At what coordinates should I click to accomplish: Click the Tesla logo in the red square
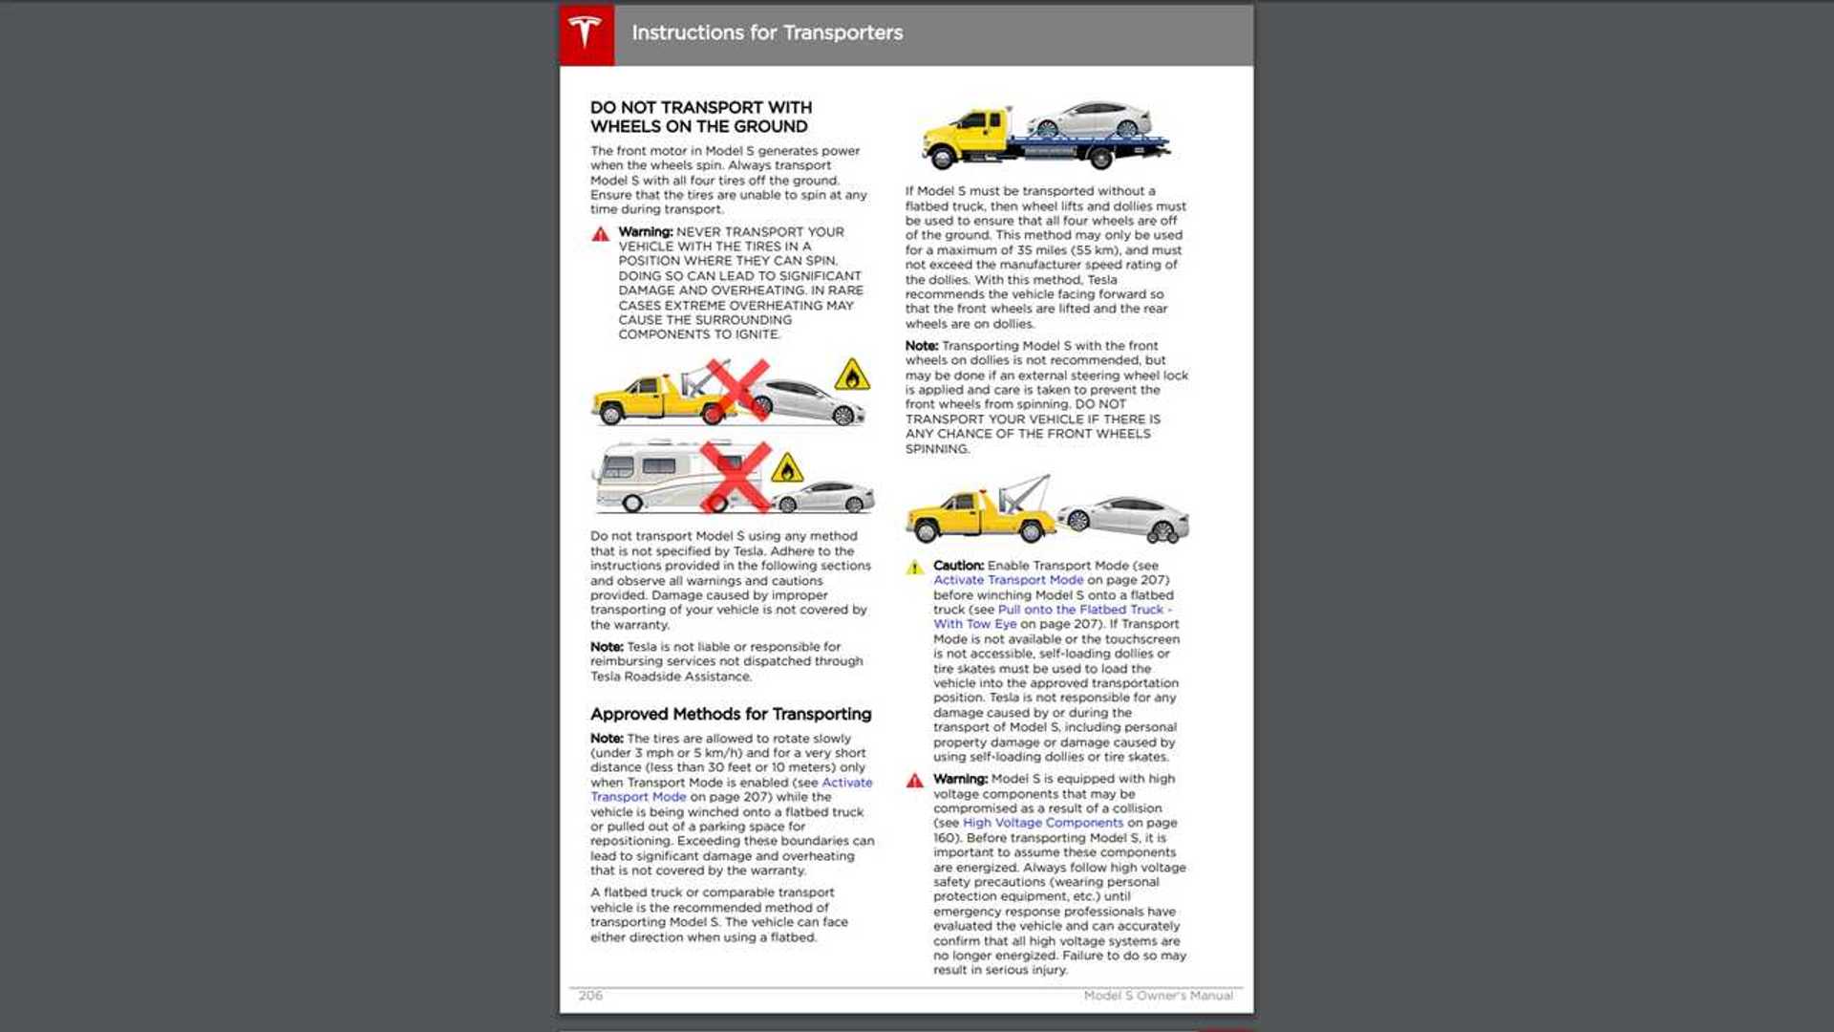586,33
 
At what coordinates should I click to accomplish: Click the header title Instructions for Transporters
766,32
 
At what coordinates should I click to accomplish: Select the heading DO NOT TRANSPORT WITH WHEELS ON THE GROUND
700,117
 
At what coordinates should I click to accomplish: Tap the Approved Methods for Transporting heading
730,714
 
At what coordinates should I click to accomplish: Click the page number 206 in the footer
590,996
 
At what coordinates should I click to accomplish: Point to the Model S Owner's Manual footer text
1158,996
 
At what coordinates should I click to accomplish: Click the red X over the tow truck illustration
737,390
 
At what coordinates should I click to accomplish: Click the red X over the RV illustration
735,475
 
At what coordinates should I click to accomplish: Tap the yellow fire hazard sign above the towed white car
851,376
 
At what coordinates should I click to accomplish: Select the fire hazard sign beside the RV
786,469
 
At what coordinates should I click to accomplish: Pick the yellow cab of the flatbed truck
974,129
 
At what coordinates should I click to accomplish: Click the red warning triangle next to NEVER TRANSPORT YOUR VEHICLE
600,234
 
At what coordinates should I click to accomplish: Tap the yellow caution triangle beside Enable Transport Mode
914,568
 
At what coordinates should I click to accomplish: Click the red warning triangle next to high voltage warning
914,781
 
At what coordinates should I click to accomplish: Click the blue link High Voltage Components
1042,823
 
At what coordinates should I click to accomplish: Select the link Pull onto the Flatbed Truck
1081,610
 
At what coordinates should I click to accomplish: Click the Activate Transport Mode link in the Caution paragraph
1008,580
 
